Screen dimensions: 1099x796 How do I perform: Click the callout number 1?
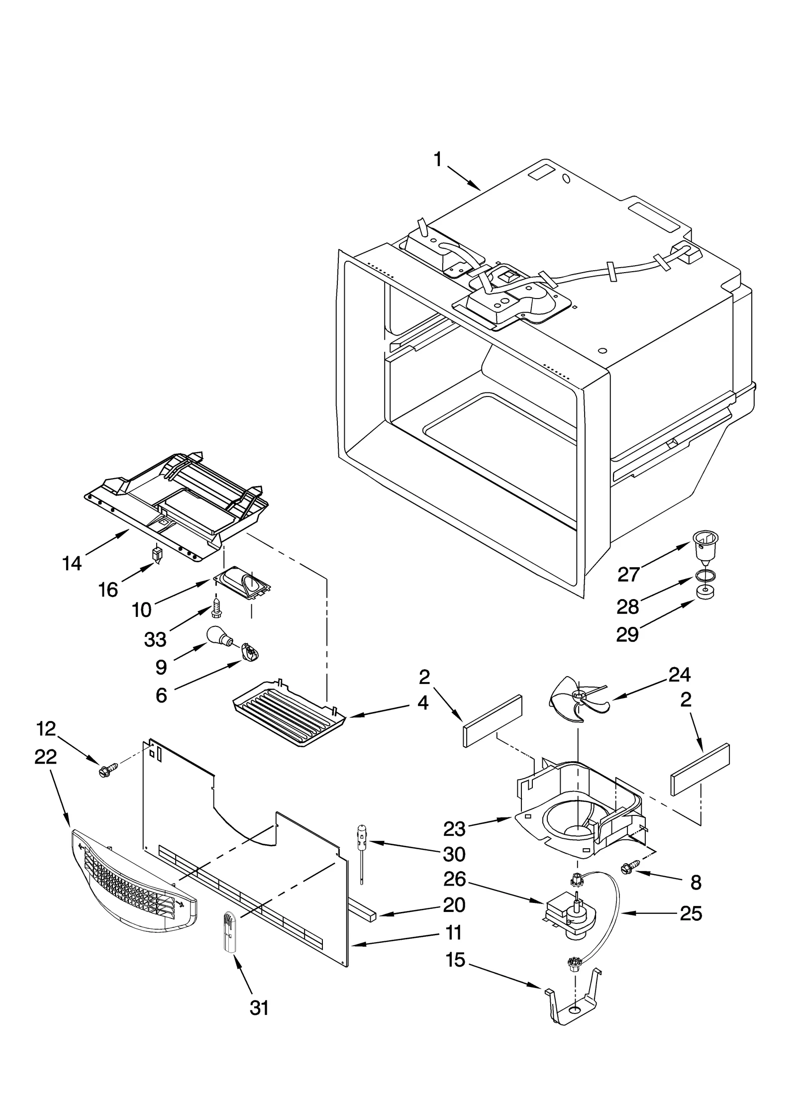point(437,160)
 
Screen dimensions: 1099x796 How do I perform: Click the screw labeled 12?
point(107,771)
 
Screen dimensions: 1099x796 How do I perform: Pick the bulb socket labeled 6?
point(249,652)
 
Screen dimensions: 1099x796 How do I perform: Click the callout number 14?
point(72,563)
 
